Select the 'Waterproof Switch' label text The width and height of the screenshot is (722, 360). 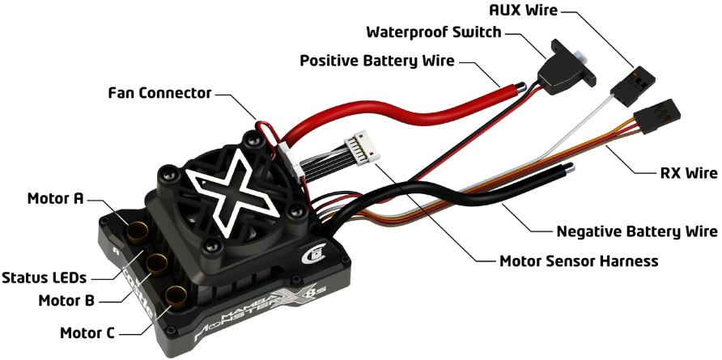click(x=433, y=34)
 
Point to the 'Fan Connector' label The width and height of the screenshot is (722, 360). click(x=159, y=93)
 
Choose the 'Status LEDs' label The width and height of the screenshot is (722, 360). click(x=44, y=278)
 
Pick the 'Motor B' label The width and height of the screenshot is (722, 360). click(x=67, y=302)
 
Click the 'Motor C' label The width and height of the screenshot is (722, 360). click(x=87, y=332)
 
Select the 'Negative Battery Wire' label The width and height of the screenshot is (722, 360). click(x=637, y=232)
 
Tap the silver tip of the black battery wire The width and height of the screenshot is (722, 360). click(x=571, y=168)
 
